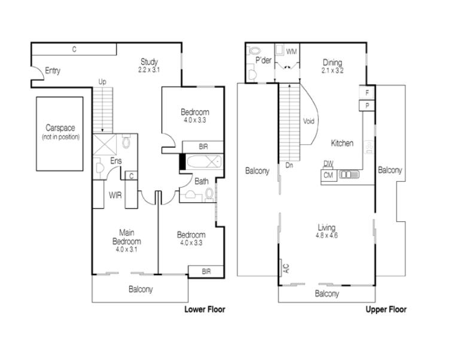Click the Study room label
click(x=149, y=62)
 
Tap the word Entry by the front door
click(x=53, y=71)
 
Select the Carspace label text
click(x=60, y=128)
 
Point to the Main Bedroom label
click(x=127, y=237)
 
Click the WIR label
click(x=115, y=196)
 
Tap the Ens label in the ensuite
click(x=116, y=161)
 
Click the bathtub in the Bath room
click(x=204, y=161)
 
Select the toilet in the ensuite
click(x=126, y=141)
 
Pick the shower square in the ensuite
click(x=105, y=144)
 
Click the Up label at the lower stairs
click(x=102, y=82)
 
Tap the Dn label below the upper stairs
click(x=289, y=165)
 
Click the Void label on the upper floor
click(x=309, y=121)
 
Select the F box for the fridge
click(x=367, y=93)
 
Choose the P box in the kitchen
click(x=367, y=105)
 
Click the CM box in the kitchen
click(x=329, y=175)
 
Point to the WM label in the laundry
click(x=291, y=51)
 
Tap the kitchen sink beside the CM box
click(x=349, y=175)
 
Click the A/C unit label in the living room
click(x=286, y=269)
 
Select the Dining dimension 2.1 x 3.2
click(x=332, y=71)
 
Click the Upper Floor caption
click(x=386, y=310)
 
